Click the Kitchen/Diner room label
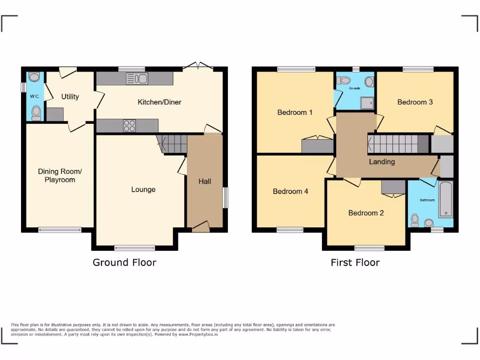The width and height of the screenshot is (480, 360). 159,102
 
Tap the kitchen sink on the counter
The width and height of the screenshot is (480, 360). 137,79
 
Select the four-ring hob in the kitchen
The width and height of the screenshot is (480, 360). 129,126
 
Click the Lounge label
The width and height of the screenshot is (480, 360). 143,189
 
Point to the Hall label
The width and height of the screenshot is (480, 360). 205,181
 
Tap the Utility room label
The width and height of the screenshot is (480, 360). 70,97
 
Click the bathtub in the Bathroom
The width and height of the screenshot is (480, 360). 446,199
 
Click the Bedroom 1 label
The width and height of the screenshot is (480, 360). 295,112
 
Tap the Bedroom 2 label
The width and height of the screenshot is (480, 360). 366,213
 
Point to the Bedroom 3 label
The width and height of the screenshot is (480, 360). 415,102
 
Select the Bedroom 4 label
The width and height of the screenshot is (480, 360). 290,191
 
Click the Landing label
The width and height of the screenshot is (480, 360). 382,162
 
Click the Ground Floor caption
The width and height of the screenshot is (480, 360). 124,262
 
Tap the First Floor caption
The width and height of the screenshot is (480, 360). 355,262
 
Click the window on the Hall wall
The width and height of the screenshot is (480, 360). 225,197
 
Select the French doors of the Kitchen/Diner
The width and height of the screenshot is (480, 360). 198,67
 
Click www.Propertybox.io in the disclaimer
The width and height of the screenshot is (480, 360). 198,334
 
